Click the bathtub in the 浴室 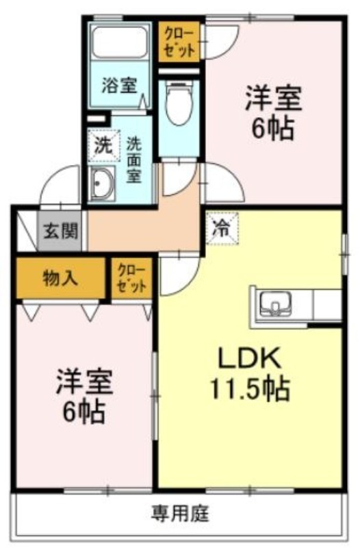coord(119,42)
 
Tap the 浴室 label coord(119,85)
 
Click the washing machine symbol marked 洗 coord(104,145)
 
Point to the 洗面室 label coord(133,160)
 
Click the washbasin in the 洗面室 coord(101,184)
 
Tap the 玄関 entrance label coord(61,231)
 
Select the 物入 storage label coord(60,278)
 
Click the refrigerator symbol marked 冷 coord(222,229)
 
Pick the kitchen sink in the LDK coord(276,303)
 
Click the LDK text coord(249,357)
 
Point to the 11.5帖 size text coord(249,388)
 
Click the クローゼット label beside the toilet coord(179,42)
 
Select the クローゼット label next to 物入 coord(131,278)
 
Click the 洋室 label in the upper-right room coord(273,98)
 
